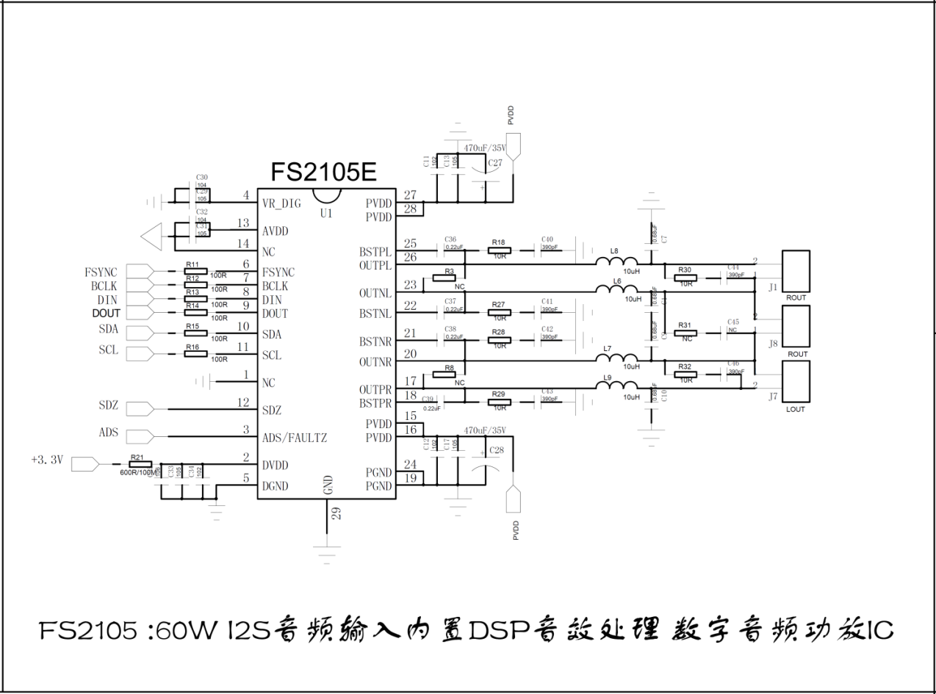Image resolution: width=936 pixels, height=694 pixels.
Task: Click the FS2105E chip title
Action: [323, 173]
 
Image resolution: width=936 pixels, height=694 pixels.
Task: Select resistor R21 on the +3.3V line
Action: [140, 464]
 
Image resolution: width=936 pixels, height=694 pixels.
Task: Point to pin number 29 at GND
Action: [336, 513]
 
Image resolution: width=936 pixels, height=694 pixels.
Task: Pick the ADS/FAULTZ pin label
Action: [295, 438]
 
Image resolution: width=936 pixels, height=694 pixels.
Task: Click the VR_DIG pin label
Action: [281, 203]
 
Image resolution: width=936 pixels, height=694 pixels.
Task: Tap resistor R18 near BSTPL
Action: [500, 250]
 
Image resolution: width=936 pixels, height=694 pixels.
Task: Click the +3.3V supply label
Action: [48, 460]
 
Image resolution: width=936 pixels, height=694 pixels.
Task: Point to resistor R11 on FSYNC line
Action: [195, 271]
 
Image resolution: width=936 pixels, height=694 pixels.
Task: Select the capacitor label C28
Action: [496, 449]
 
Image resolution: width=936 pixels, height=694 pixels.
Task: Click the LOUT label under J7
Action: [796, 409]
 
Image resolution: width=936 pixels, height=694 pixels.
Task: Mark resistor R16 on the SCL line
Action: [195, 354]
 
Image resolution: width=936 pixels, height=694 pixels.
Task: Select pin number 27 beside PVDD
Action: [410, 195]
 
